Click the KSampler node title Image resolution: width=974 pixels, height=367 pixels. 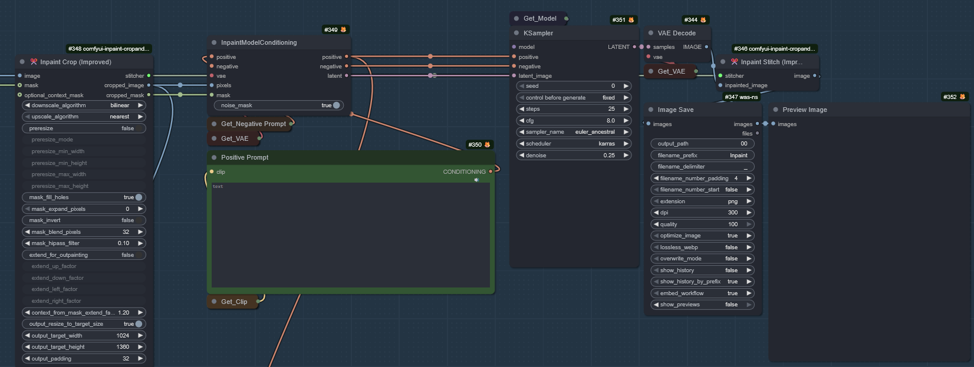(x=538, y=33)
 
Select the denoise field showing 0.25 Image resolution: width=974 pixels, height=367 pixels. (x=573, y=156)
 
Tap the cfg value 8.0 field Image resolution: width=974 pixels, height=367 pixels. (x=573, y=121)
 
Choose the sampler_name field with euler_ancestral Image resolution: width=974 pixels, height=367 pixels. (x=573, y=132)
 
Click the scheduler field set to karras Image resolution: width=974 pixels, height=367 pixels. (x=573, y=144)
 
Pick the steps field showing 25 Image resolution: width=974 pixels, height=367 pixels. (x=573, y=109)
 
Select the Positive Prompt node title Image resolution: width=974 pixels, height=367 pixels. (x=245, y=157)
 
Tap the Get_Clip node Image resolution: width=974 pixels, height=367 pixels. (x=234, y=302)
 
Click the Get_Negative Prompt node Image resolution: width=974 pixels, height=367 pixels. (x=253, y=124)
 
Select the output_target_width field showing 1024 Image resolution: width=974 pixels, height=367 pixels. (x=84, y=336)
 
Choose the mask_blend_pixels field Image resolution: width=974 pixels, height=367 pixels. (x=84, y=232)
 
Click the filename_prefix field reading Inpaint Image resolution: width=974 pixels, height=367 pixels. (x=702, y=156)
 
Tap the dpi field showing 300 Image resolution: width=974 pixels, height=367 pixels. (x=702, y=213)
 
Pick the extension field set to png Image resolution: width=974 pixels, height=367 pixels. (x=702, y=201)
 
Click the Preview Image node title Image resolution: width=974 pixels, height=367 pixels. (x=804, y=110)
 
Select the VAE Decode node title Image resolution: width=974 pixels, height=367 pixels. (x=676, y=33)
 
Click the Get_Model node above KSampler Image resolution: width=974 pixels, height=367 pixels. (x=539, y=18)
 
